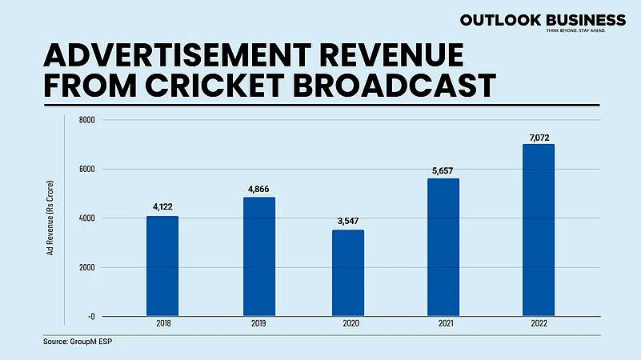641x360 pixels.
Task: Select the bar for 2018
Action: tap(162, 266)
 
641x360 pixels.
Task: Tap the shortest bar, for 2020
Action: tap(348, 273)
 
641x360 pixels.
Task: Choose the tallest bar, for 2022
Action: tap(538, 230)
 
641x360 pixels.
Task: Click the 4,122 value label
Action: tap(162, 206)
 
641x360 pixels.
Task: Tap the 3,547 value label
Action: tap(348, 221)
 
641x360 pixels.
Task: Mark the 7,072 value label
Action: tap(538, 134)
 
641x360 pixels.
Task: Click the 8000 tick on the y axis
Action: tap(86, 120)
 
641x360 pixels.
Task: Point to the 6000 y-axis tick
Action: tap(86, 170)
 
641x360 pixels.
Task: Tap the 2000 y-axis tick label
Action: tap(86, 267)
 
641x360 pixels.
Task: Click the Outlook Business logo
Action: tap(531, 22)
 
